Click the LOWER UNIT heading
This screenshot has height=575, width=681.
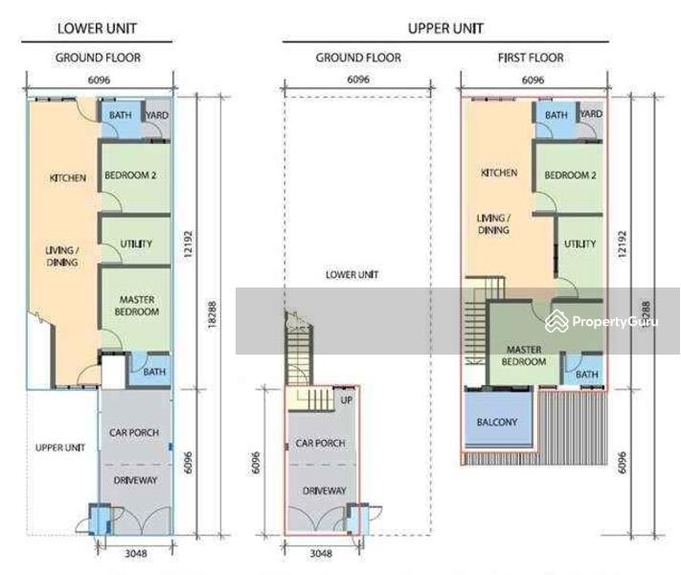point(98,28)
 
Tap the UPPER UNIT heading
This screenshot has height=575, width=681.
point(445,28)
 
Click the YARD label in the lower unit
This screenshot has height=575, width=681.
point(157,115)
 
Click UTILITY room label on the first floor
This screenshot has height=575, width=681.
point(579,244)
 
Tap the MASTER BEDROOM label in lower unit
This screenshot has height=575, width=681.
point(137,306)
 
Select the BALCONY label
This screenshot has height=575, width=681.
point(497,422)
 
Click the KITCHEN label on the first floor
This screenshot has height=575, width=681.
point(499,173)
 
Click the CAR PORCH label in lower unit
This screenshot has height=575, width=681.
point(133,432)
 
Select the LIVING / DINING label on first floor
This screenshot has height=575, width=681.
point(493,224)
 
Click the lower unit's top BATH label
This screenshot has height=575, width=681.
point(120,115)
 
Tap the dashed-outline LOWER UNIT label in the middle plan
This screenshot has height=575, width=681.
point(352,275)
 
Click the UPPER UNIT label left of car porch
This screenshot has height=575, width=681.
point(60,448)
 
